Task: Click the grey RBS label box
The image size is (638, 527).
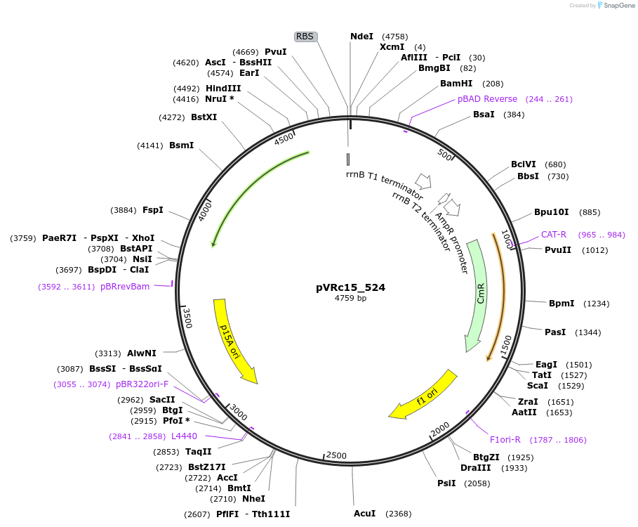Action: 305,37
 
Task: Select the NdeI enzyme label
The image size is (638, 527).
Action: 361,37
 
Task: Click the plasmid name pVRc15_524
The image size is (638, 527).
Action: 350,287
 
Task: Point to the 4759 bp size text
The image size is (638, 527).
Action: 350,299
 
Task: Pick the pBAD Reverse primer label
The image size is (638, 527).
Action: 487,99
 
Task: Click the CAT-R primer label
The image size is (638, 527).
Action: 553,235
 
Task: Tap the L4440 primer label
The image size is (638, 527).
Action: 184,436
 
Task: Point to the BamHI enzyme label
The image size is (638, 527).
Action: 455,84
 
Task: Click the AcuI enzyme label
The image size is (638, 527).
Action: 364,514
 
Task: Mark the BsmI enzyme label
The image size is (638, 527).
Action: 181,145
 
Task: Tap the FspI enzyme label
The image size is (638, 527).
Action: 152,210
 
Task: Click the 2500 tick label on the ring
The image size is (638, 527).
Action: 337,455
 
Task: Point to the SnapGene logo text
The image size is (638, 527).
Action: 619,5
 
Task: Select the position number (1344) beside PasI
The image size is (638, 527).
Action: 588,332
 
